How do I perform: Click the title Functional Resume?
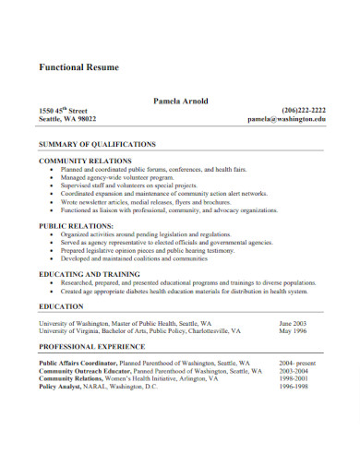[79, 68]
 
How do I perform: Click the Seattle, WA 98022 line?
[67, 119]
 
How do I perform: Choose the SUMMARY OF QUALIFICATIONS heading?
[97, 145]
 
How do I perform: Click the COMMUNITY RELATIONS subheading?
[85, 161]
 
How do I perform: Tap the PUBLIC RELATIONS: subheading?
[76, 225]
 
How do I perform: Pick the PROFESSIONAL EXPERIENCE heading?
[91, 346]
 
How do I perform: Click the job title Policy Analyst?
[60, 386]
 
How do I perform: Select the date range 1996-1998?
[294, 386]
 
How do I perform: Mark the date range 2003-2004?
[294, 371]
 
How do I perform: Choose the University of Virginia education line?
[138, 331]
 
